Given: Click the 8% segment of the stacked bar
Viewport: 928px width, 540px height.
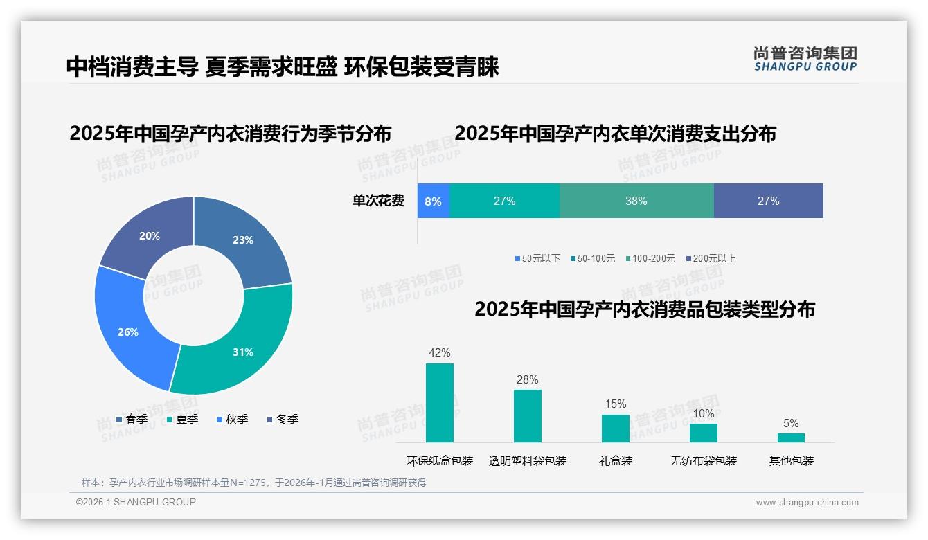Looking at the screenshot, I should [434, 201].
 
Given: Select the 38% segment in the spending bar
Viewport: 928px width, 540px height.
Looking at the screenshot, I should [636, 201].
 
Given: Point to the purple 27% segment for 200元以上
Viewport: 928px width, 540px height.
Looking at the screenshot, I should [768, 201].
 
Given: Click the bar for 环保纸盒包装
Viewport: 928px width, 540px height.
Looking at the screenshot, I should [439, 403].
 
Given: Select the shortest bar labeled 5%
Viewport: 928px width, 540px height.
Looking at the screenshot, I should [791, 438].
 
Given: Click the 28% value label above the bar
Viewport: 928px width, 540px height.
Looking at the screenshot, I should [527, 379].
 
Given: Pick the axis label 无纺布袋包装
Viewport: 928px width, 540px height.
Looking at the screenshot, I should [703, 460].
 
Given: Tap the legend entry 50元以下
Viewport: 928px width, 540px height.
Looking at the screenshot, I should [537, 258].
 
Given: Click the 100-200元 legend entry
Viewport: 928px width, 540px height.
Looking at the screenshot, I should [650, 258].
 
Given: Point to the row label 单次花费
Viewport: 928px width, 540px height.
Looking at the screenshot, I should [378, 201].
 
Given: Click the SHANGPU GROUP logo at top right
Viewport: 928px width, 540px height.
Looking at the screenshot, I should [805, 58].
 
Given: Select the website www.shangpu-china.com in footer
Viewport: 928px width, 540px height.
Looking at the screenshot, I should [807, 502].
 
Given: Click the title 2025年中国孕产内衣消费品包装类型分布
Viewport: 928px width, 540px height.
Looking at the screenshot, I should [644, 309].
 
